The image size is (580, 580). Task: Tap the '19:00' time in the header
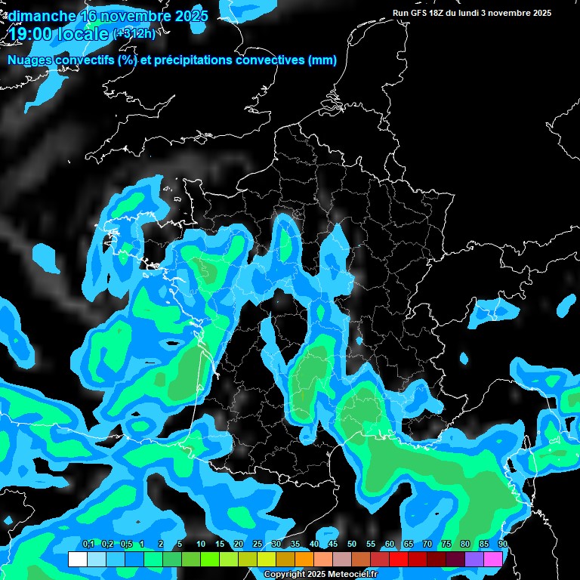(x=32, y=34)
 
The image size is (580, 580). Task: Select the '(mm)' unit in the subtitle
(x=322, y=60)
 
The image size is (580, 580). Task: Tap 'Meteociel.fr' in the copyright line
(x=352, y=574)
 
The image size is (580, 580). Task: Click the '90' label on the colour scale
(x=502, y=545)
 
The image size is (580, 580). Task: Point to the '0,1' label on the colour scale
(x=88, y=545)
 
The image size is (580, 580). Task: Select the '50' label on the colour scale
(x=352, y=545)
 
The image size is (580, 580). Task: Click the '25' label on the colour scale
(x=258, y=545)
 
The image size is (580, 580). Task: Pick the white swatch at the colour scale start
(x=78, y=560)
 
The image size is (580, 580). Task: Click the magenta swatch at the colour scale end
(x=493, y=560)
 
